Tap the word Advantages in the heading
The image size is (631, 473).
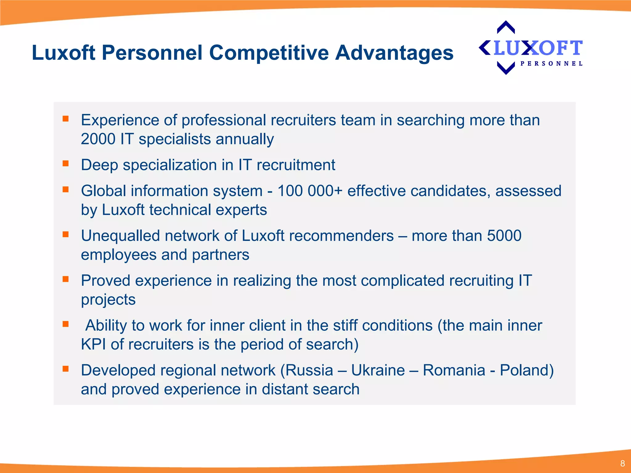click(x=394, y=53)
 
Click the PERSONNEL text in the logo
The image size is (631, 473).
click(x=551, y=64)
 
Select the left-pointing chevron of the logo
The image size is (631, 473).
click(x=485, y=48)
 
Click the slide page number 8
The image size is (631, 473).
click(x=622, y=463)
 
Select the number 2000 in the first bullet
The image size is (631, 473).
click(x=98, y=139)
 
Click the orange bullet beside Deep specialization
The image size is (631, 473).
click(x=65, y=163)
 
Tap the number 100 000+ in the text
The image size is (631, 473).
click(x=310, y=191)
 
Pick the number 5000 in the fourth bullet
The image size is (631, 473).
click(x=504, y=236)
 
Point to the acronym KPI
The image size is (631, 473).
click(x=93, y=344)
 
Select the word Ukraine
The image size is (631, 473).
click(x=378, y=370)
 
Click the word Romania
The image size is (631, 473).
click(x=454, y=370)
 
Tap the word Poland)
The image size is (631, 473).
click(x=527, y=370)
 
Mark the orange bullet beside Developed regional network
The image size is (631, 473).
click(x=65, y=369)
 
